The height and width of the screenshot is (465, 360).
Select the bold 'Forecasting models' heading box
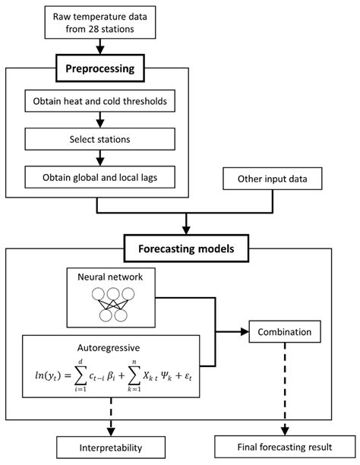187,246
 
